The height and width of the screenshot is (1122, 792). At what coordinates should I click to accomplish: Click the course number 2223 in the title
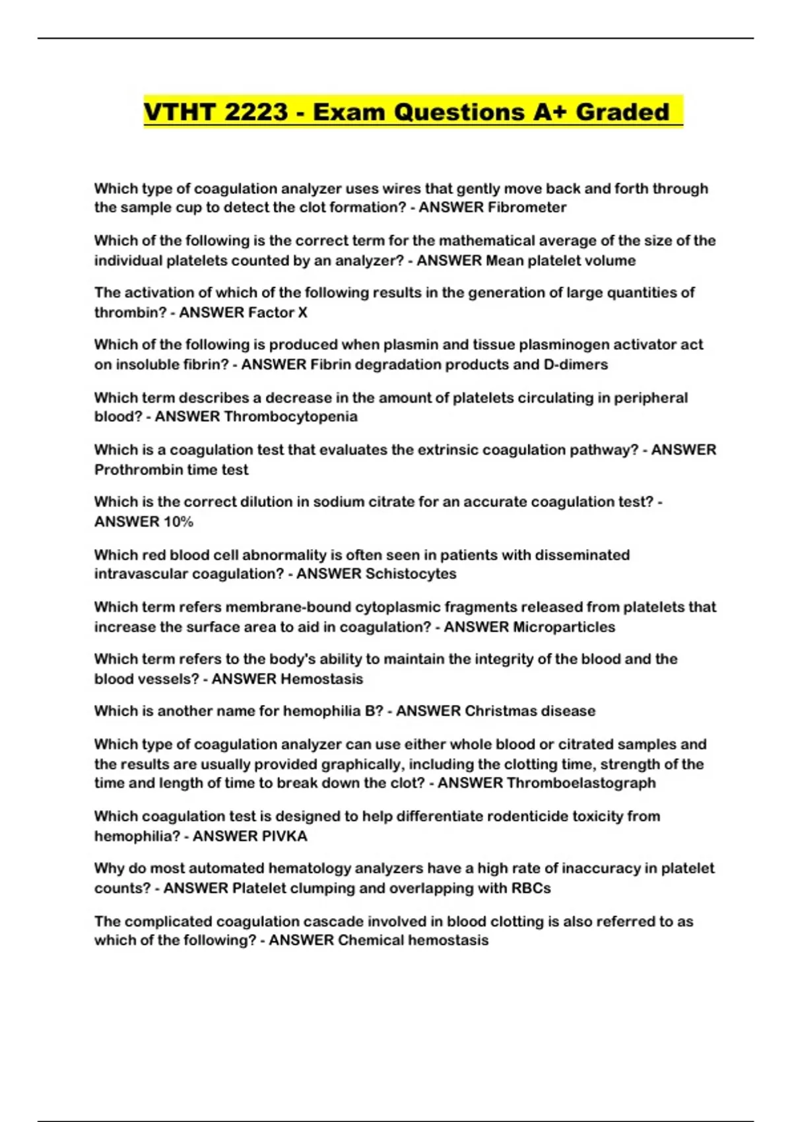coord(256,112)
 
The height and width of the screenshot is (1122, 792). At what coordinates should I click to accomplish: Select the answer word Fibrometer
coord(527,207)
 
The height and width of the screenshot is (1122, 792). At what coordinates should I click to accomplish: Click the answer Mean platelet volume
coord(560,261)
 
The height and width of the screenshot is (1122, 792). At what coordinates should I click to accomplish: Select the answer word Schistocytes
coord(411,574)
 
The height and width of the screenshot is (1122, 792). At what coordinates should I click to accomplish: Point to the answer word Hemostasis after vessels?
coord(321,679)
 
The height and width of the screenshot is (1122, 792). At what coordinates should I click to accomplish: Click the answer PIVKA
coord(284,836)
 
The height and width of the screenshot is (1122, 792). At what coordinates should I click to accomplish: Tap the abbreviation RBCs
coord(531,888)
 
